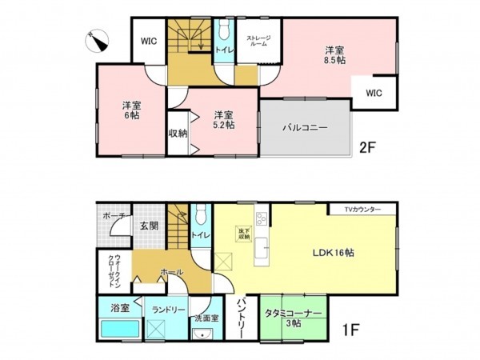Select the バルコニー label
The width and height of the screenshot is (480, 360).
click(x=305, y=127)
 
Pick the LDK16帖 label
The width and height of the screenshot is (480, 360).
click(x=334, y=251)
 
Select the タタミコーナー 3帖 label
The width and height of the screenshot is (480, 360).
click(x=295, y=318)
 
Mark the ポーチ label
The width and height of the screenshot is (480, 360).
click(x=112, y=217)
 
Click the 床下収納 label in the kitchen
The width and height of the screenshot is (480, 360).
click(x=242, y=234)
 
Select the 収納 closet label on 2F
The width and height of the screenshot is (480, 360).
click(x=178, y=133)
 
